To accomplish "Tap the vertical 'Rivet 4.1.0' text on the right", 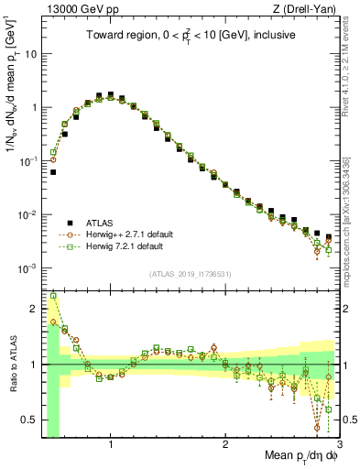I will [x=346, y=64].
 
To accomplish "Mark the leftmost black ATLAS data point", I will [x=53, y=171].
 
